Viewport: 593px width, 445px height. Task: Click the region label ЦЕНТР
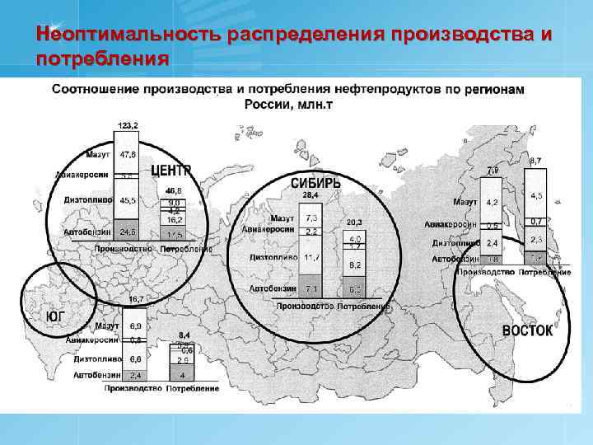click(170, 170)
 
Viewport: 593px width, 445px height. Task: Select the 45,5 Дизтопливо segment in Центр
click(128, 199)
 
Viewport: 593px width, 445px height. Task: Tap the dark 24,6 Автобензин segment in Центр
click(128, 232)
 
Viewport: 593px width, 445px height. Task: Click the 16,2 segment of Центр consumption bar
click(173, 220)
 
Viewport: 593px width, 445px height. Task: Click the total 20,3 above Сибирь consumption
click(355, 222)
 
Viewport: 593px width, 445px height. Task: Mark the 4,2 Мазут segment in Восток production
click(491, 202)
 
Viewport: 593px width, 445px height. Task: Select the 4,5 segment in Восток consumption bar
click(536, 195)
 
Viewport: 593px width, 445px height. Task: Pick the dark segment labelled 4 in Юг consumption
click(182, 375)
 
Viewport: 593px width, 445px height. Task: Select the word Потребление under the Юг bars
click(193, 388)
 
